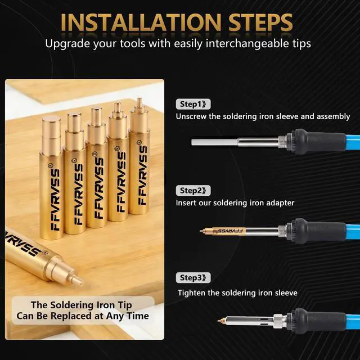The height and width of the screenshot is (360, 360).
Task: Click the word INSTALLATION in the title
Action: tap(141, 22)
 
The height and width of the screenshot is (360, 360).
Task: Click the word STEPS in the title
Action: tap(260, 22)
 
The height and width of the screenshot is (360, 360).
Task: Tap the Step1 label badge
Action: tap(193, 104)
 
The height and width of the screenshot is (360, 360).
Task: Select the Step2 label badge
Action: tap(193, 191)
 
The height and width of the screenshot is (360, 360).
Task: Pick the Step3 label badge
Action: tap(193, 277)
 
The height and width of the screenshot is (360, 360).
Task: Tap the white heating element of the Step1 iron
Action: tap(215, 142)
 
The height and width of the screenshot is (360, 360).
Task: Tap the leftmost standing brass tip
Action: tap(51, 178)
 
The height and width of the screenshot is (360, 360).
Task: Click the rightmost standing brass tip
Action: tap(139, 156)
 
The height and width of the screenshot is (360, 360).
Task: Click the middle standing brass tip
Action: tap(97, 168)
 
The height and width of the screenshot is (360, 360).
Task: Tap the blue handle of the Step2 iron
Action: tap(353, 231)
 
